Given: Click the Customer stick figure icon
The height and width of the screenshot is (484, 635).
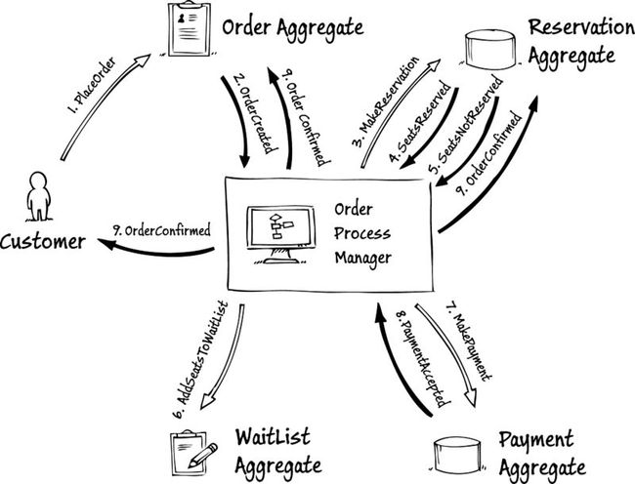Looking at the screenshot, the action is point(39,197).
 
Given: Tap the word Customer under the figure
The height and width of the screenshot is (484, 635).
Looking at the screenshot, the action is point(43,242).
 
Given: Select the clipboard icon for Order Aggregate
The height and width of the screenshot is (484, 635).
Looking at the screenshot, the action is point(190,28).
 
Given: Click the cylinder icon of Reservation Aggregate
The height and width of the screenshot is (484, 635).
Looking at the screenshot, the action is point(490,50).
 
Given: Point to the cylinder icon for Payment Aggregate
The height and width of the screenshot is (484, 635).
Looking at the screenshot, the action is point(457,456).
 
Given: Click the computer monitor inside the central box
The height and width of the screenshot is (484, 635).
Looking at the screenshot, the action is point(280,234).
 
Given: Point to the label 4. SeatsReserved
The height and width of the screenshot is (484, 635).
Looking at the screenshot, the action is point(419,122).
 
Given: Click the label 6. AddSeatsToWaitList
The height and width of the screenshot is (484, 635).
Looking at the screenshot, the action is point(199,360).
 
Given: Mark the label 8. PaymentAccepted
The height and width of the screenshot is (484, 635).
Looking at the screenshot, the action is point(423,359).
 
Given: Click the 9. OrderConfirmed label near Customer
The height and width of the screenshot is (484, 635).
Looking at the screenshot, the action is point(162,230).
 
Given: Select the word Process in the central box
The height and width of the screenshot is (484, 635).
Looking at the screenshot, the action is point(362,233).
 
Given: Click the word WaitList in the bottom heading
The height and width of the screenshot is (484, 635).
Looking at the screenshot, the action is point(273,437).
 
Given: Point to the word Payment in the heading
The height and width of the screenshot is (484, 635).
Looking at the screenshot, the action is point(536,441).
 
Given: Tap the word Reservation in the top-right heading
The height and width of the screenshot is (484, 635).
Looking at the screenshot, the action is point(581,27).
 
